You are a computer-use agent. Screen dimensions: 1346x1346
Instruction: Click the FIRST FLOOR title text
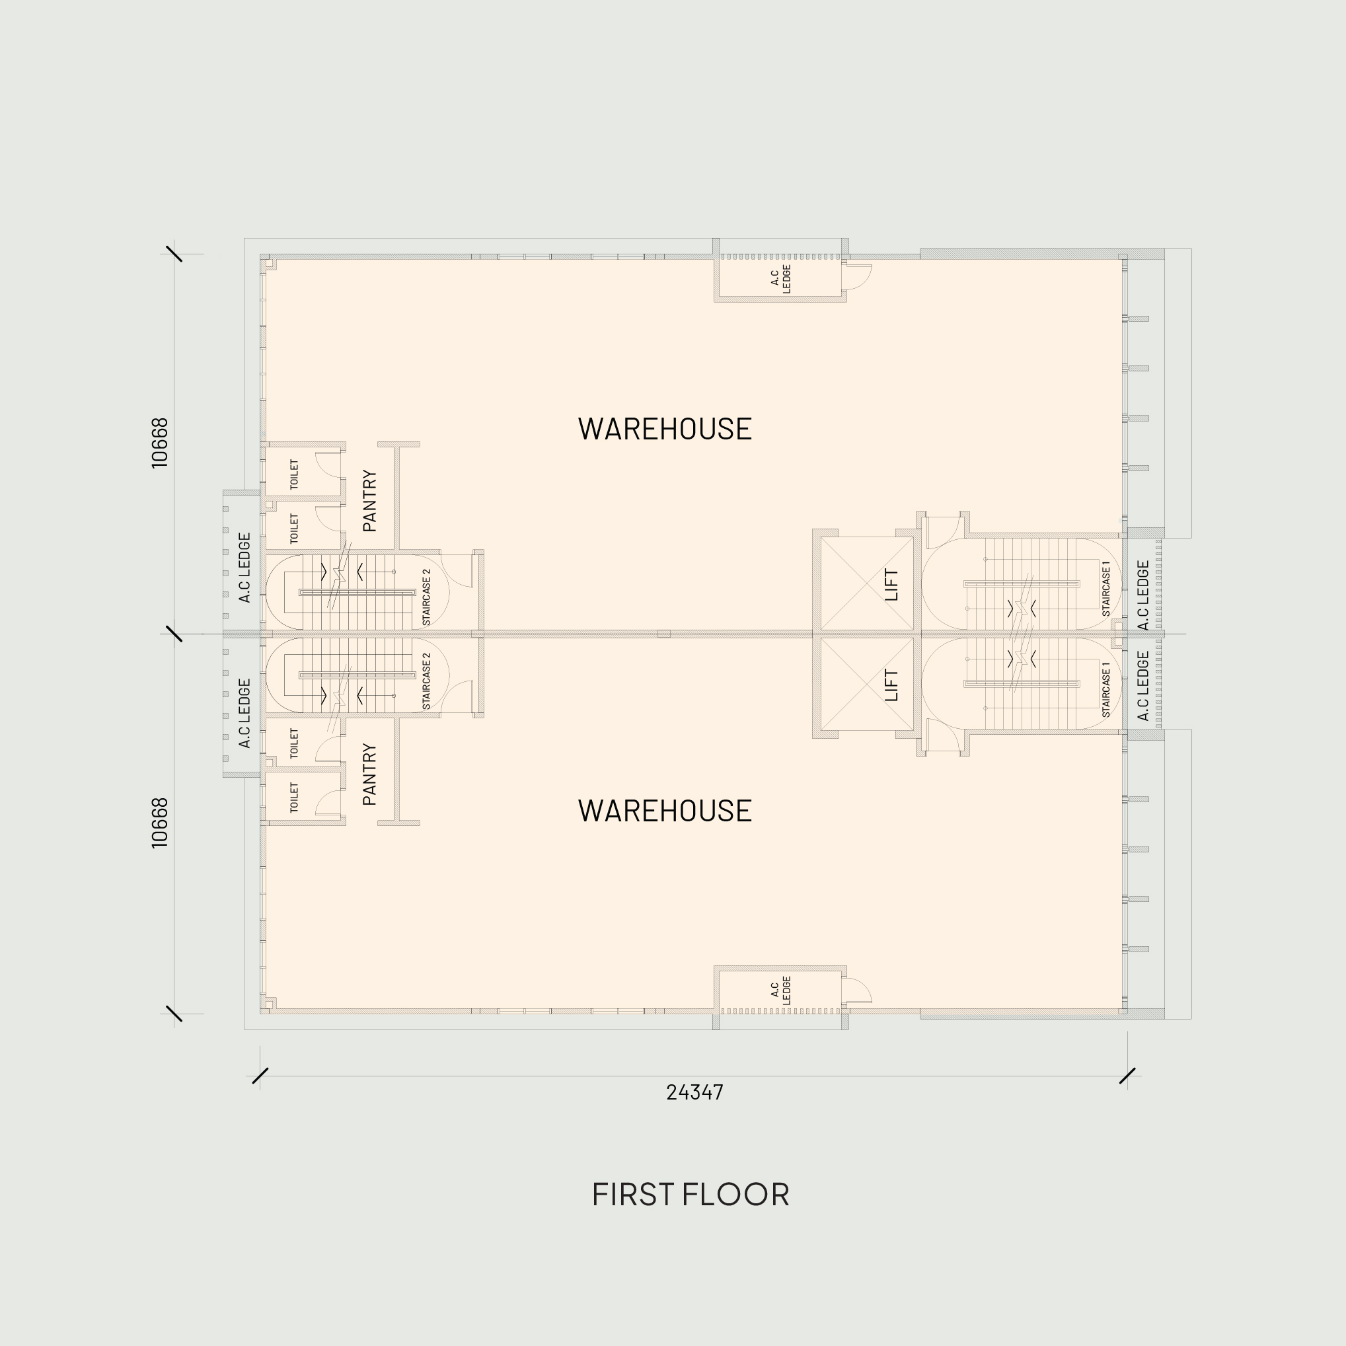691,1194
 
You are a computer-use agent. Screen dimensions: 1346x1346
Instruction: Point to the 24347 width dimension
694,1092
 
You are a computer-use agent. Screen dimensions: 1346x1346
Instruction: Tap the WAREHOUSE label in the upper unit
665,429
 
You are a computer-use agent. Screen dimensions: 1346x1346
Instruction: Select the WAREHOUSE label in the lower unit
665,811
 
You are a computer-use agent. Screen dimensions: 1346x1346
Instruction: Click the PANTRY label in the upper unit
370,501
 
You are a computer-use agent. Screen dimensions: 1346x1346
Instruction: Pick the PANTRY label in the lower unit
370,774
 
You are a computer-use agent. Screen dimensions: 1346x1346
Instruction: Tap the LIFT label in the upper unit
892,585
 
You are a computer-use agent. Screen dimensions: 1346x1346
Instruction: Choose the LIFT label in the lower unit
892,685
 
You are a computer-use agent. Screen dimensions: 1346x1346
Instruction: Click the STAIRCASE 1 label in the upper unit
1106,589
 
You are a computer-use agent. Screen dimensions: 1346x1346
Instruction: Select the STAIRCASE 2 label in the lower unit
426,681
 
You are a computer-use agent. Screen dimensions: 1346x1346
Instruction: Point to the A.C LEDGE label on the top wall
781,279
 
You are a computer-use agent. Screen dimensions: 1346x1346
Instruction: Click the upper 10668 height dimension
159,443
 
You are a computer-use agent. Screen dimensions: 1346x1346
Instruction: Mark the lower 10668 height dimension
159,823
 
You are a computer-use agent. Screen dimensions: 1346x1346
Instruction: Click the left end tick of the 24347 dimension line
260,1076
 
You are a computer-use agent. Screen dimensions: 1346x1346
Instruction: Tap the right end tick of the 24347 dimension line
1127,1076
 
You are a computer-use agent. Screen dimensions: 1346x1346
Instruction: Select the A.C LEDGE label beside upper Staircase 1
1143,595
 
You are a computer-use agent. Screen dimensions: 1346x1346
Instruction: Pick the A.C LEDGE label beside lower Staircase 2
244,714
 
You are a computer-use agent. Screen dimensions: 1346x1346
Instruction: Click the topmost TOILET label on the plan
294,474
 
